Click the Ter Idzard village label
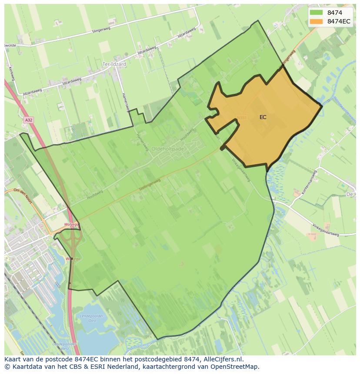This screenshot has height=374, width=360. tap(114, 64)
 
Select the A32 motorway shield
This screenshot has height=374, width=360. tap(29, 120)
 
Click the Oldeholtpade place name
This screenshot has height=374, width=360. tap(167, 149)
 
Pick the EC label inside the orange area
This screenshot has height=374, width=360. tap(263, 117)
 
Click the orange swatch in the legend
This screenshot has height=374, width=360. tap(316, 21)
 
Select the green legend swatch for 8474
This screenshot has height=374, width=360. tap(316, 13)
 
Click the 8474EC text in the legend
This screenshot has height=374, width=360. tap(339, 21)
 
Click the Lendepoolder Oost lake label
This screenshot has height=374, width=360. tap(91, 318)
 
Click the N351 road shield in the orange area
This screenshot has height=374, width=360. tap(242, 118)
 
